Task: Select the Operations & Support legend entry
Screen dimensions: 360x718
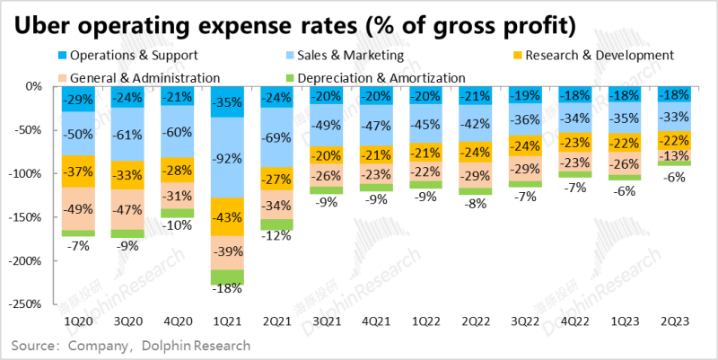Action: [128, 55]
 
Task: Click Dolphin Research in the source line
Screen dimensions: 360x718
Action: [194, 345]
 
